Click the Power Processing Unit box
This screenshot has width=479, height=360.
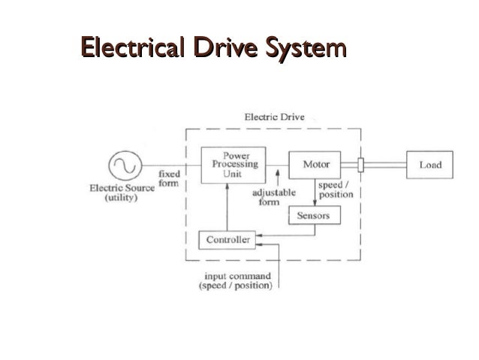(233, 165)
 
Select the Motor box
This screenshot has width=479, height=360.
(315, 165)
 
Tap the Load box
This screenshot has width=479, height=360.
(429, 165)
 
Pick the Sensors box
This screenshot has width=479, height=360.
(315, 215)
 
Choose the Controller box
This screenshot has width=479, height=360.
(227, 240)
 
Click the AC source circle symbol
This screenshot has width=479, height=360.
(125, 165)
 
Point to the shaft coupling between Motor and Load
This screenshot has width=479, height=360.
(361, 165)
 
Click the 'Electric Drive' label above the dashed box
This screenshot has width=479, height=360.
(274, 116)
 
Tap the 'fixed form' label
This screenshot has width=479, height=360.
(169, 179)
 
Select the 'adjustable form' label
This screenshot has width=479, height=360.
(274, 197)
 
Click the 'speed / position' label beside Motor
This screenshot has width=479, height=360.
(336, 189)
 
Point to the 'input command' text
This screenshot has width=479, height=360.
(238, 276)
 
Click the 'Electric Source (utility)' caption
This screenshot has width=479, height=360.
(122, 192)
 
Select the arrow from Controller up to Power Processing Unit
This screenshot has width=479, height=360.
(227, 207)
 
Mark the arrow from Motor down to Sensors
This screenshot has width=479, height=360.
(315, 192)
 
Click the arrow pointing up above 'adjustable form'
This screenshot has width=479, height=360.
(278, 177)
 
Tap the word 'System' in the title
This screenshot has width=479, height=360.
(306, 48)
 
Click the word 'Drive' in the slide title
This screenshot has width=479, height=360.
(225, 47)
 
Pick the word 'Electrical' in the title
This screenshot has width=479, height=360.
(133, 47)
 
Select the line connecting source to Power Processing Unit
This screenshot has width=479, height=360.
(172, 165)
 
